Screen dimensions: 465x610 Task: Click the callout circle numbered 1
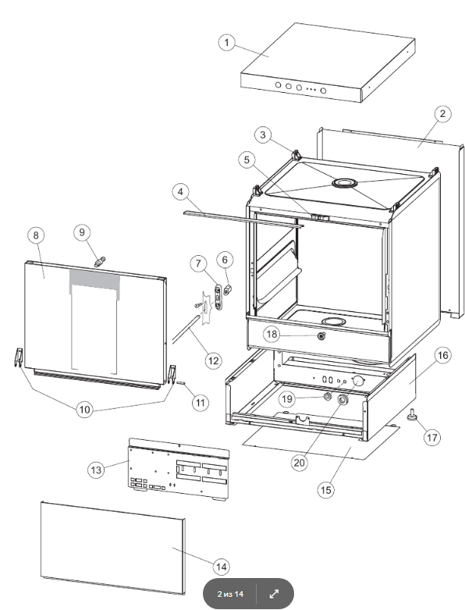coord(227,42)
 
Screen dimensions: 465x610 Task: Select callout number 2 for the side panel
coord(442,114)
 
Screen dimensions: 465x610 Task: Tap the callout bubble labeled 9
coord(82,232)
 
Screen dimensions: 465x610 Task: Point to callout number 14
coord(221,566)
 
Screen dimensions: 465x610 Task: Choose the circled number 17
coord(432,438)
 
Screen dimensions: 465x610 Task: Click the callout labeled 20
coord(300,463)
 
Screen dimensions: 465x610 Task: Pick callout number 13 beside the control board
coord(96,470)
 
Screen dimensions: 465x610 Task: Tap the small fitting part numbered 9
coord(100,261)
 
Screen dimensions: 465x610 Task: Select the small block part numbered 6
coord(228,289)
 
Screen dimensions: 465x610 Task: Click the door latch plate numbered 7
coord(218,297)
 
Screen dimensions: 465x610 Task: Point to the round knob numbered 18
coord(321,336)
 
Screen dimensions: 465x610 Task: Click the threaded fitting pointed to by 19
coord(328,396)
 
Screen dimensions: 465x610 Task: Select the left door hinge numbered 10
coord(18,357)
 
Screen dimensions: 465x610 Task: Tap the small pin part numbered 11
coord(181,383)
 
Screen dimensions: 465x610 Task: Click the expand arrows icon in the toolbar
coord(274,594)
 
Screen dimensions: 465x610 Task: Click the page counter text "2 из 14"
coord(230,594)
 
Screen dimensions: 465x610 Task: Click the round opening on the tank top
coord(344,183)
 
